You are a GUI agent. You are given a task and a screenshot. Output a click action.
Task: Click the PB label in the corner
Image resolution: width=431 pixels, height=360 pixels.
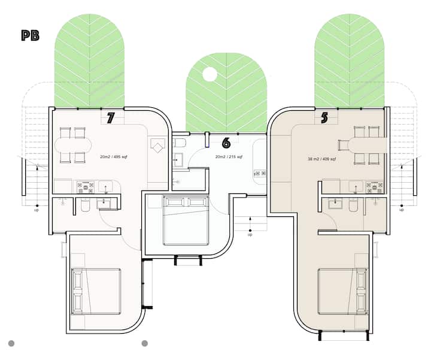point(31,35)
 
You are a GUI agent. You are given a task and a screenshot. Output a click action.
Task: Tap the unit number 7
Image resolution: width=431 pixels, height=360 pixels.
point(110,118)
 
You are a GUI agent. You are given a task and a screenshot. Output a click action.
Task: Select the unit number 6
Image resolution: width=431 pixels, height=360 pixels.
point(226,143)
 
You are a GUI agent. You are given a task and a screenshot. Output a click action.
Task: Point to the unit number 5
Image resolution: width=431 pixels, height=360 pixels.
point(324,118)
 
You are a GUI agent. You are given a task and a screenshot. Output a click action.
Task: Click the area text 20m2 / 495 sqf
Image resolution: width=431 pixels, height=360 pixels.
point(114,157)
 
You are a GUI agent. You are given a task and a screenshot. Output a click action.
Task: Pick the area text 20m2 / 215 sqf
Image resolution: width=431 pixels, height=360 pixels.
point(229,157)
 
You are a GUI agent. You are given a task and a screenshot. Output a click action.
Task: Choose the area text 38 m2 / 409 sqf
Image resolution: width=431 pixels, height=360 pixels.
point(321,159)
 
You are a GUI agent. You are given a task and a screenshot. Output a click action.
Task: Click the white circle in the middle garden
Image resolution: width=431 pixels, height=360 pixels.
point(210,74)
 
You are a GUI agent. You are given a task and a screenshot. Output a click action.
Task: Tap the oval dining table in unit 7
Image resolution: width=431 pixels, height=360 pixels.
point(73,145)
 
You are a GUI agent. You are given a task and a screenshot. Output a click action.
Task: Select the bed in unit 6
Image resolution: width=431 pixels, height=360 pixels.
point(186,220)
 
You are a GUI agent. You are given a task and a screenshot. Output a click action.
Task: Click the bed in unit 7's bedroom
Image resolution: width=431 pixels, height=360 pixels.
point(96,292)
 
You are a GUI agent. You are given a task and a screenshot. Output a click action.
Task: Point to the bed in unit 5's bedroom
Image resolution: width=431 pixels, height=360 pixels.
point(343,292)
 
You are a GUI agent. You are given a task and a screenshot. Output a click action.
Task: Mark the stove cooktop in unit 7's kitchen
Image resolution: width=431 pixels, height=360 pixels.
point(86,187)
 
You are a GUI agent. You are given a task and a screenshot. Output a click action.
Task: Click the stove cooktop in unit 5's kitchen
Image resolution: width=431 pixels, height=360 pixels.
point(374,187)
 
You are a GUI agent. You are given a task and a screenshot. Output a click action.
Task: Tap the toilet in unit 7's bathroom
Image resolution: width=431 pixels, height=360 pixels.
point(85,205)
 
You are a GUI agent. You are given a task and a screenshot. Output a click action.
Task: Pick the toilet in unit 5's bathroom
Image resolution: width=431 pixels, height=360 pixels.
point(353,205)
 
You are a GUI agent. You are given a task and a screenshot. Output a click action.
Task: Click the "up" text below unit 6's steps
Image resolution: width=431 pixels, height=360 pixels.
point(250,235)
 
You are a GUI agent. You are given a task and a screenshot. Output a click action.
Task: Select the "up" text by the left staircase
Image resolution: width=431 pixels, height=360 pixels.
point(37,210)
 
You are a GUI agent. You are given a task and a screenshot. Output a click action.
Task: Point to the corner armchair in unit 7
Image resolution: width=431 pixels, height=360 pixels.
point(157,146)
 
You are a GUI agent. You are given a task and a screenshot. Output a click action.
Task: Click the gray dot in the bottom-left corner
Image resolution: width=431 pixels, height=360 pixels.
point(11,343)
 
